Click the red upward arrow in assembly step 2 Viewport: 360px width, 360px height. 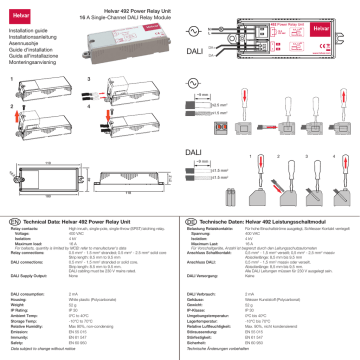tap(13, 103)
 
